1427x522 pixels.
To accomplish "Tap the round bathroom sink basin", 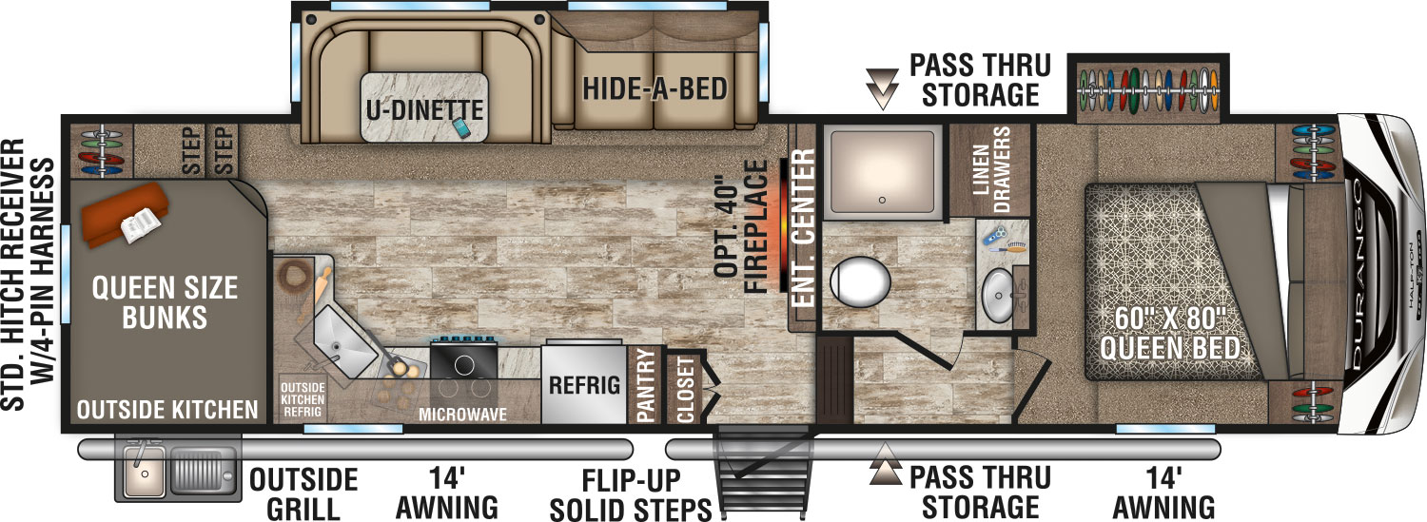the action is (998, 296).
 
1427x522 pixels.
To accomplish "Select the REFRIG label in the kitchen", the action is (584, 385).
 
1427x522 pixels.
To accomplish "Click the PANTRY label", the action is (645, 385).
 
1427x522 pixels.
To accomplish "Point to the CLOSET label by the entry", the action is (685, 389).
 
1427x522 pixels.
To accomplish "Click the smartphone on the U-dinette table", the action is (461, 127).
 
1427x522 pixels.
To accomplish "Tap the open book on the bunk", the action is (140, 224).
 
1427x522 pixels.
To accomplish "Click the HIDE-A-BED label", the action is (655, 89).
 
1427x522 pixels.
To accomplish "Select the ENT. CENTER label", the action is (803, 228).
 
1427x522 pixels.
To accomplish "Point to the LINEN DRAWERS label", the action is (991, 169).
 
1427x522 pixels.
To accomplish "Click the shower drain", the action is (882, 200).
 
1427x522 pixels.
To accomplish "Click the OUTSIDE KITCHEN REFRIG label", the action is (303, 399).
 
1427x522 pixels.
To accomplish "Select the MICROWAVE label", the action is (462, 415).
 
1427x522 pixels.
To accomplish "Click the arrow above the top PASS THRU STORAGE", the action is (882, 88).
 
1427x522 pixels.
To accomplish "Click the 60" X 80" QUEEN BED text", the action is (1170, 333).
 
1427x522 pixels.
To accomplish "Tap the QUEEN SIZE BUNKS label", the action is (165, 303).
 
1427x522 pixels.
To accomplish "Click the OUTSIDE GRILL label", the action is (303, 495).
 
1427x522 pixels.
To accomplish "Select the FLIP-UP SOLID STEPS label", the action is (631, 495).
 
